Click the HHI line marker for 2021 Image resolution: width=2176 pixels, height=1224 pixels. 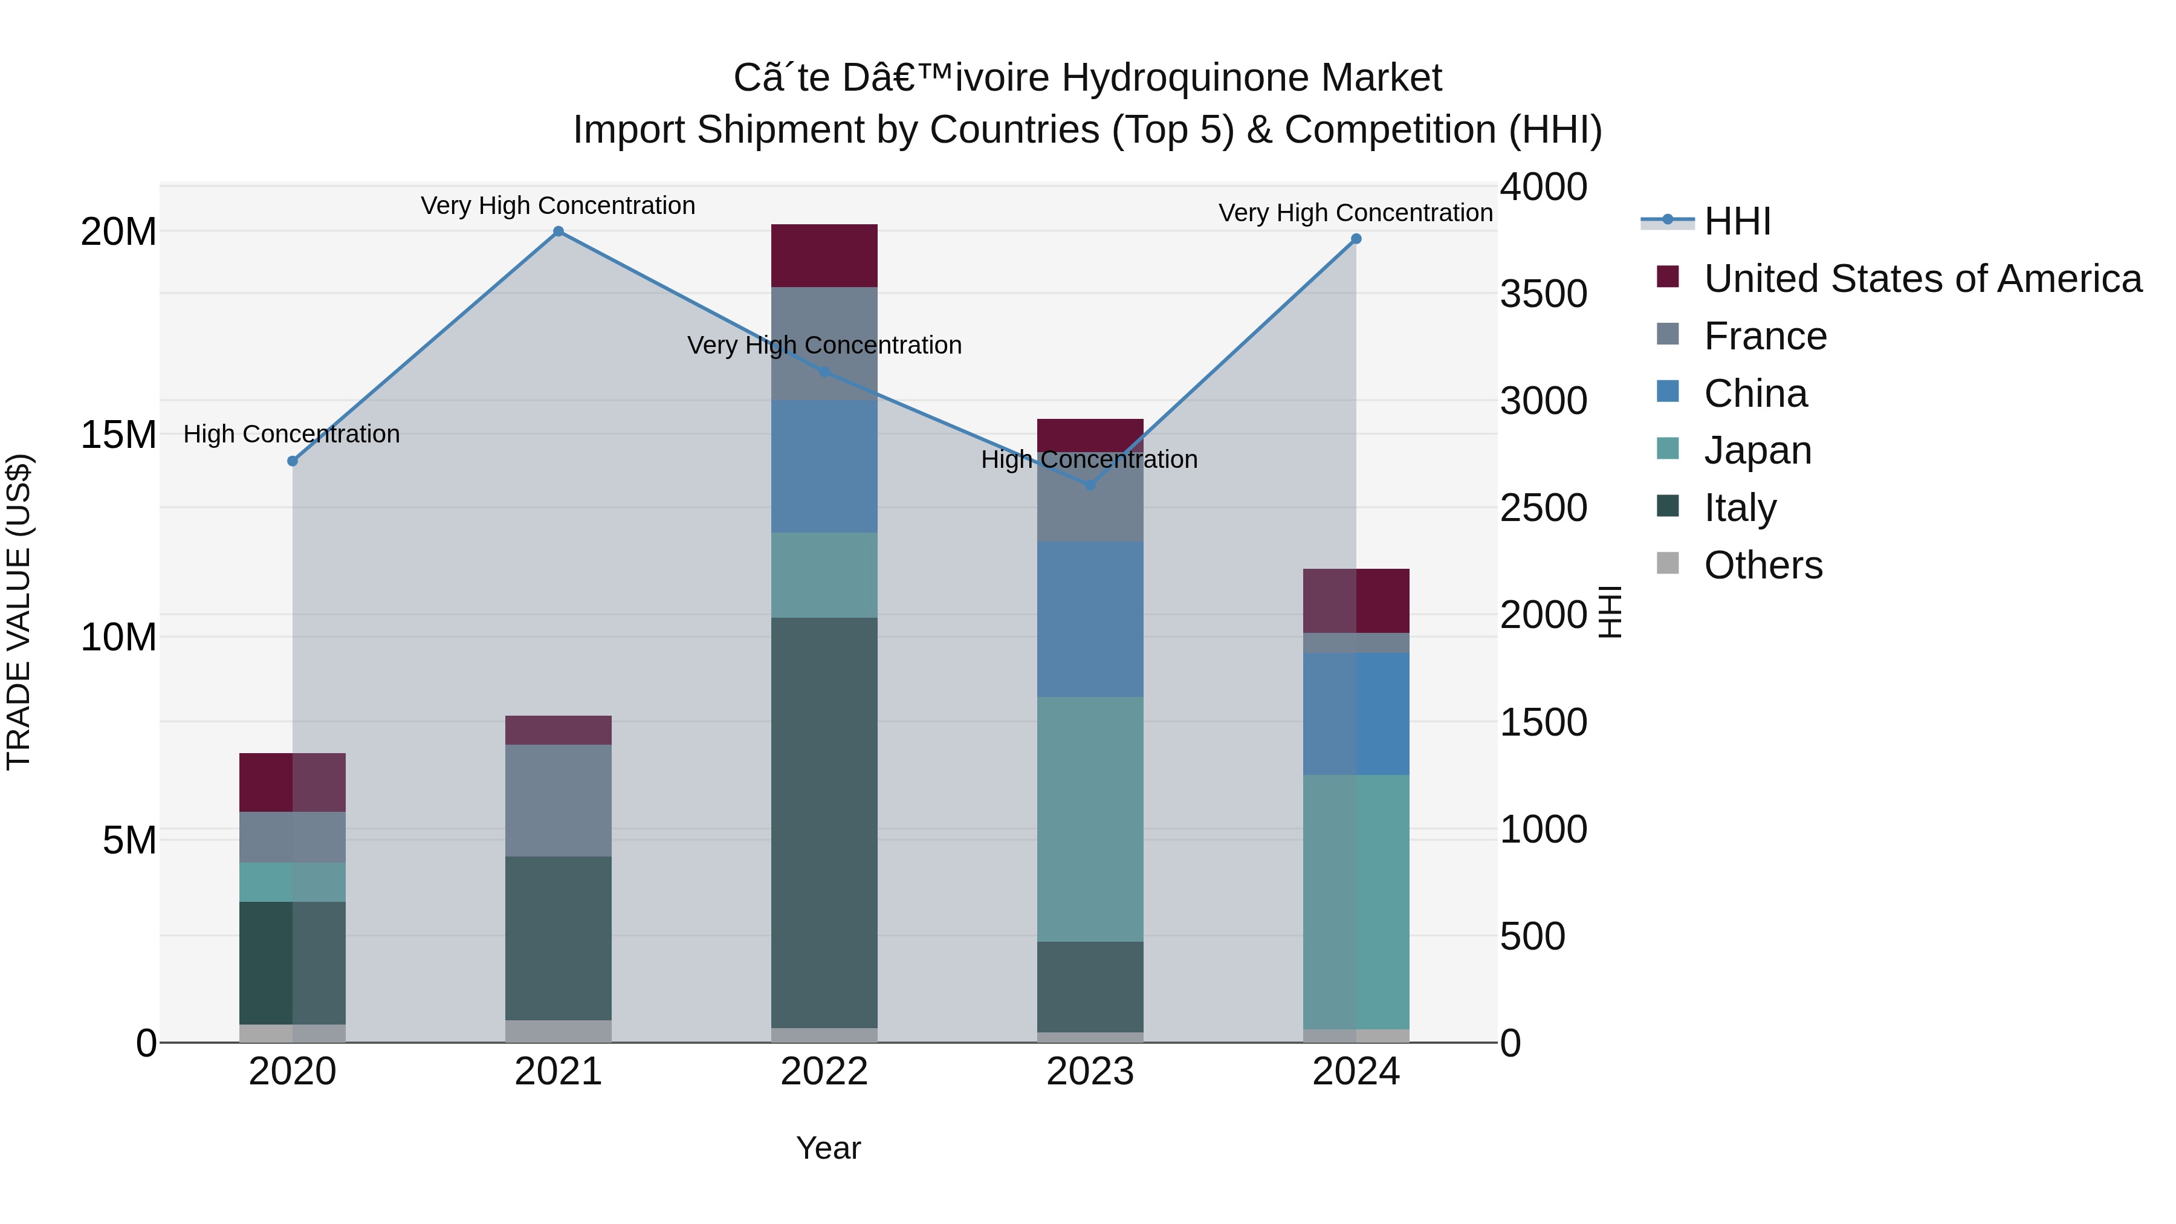coord(559,232)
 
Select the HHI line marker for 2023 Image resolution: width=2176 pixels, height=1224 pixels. coord(1090,485)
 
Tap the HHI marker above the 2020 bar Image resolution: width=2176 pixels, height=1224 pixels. coord(293,461)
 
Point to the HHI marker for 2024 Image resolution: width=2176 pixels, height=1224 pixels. coord(1356,239)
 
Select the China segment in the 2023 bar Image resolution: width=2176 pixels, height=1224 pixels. coord(1090,619)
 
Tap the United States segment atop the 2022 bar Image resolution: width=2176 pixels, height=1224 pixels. coord(824,256)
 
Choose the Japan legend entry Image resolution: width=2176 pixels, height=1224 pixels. coord(1757,450)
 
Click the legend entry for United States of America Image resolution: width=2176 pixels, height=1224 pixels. coord(1922,279)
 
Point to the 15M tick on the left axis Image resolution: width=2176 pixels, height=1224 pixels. coord(118,435)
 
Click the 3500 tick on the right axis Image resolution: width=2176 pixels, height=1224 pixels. coord(1543,294)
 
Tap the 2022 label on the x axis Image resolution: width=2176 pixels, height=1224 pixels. coord(824,1072)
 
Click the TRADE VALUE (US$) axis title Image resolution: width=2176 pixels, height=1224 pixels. coord(19,612)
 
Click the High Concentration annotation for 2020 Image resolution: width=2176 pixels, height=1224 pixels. coord(291,434)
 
